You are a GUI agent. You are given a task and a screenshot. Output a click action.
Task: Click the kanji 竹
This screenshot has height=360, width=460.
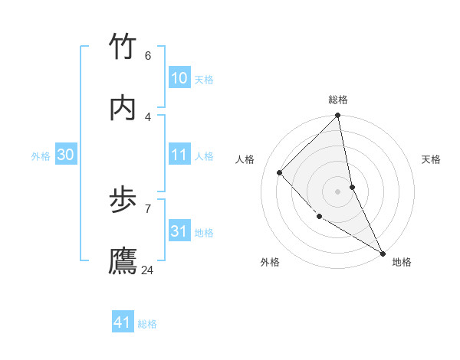[x=123, y=47]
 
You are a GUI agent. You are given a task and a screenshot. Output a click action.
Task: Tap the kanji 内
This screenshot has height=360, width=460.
[x=123, y=109]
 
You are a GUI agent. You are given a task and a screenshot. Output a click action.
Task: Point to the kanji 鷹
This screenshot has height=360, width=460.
[x=123, y=262]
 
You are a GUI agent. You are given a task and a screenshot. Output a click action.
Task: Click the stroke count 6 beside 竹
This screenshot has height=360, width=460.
[x=147, y=56]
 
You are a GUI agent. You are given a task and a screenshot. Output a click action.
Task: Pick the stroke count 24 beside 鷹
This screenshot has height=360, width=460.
[x=147, y=270]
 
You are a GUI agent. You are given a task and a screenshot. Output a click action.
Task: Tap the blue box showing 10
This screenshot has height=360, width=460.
[x=179, y=78]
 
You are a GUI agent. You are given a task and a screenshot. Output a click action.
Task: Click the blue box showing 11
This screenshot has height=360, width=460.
[x=179, y=155]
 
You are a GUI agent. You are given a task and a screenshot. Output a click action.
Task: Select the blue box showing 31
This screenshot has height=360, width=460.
[x=179, y=231]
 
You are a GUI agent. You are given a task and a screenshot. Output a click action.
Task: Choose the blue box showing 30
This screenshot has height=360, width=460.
[x=66, y=155]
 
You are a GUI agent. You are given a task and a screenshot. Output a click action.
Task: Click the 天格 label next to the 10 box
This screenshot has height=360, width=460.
[x=204, y=79]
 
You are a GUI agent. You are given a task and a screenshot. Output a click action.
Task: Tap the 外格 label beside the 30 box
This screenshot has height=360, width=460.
[x=41, y=155]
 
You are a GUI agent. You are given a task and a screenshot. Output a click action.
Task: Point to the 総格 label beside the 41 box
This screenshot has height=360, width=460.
[x=147, y=323]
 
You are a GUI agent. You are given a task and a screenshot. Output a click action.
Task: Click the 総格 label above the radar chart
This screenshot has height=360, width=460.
[x=338, y=100]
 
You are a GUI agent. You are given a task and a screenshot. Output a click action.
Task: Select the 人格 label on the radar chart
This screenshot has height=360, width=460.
[x=245, y=159]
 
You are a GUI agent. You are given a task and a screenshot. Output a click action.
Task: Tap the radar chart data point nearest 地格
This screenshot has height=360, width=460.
[x=383, y=252]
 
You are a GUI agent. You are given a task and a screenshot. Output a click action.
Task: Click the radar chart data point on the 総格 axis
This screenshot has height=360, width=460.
[x=338, y=116]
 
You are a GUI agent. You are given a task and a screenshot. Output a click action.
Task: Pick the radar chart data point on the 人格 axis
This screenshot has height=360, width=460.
[x=280, y=172]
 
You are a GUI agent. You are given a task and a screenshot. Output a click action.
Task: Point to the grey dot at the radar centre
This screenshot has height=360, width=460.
[x=338, y=191]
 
